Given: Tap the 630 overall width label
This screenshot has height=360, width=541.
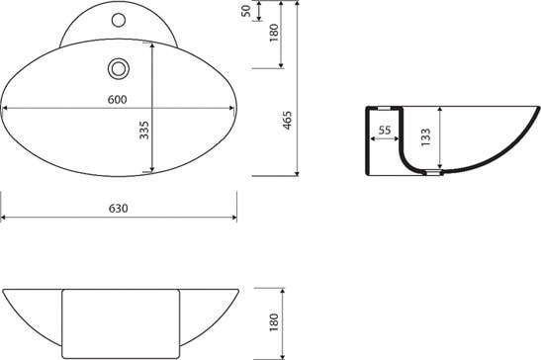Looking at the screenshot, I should click(119, 209).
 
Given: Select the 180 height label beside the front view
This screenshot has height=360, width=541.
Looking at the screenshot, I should click(274, 321).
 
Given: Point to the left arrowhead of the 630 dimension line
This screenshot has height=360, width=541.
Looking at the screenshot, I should click(4, 219).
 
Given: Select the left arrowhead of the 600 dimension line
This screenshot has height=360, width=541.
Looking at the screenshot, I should click(6, 108).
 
